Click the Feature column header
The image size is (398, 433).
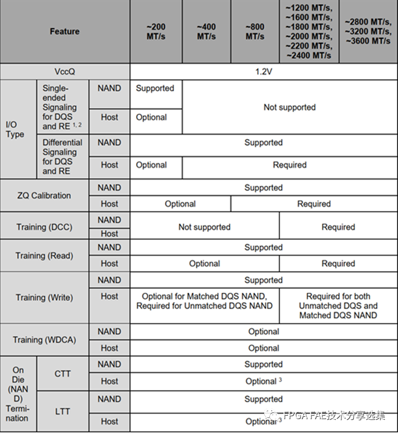pyautogui.click(x=65, y=31)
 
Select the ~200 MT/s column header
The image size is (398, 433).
pyautogui.click(x=156, y=31)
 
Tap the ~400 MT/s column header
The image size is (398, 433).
pyautogui.click(x=206, y=31)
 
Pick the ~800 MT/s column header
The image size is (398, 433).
pyautogui.click(x=255, y=31)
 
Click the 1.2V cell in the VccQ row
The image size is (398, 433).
pyautogui.click(x=264, y=72)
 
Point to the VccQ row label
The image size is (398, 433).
pyautogui.click(x=65, y=72)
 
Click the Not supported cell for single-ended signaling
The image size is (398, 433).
pyautogui.click(x=290, y=107)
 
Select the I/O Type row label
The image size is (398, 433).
pyautogui.click(x=15, y=129)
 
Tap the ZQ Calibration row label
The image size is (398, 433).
pyautogui.click(x=44, y=196)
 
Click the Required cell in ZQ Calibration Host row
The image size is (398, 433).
pyautogui.click(x=314, y=204)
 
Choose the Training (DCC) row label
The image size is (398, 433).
pyautogui.click(x=44, y=227)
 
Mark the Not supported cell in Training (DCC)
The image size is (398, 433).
pyautogui.click(x=205, y=227)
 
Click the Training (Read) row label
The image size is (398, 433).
pyautogui.click(x=44, y=255)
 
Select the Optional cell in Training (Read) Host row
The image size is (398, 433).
pyautogui.click(x=205, y=263)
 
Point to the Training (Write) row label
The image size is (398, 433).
pyautogui.click(x=44, y=297)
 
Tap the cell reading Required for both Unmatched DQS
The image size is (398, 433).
pyautogui.click(x=338, y=305)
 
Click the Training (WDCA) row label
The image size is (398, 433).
pyautogui.click(x=44, y=340)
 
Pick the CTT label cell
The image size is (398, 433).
pyautogui.click(x=63, y=374)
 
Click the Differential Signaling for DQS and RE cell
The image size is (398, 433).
pyautogui.click(x=63, y=156)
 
